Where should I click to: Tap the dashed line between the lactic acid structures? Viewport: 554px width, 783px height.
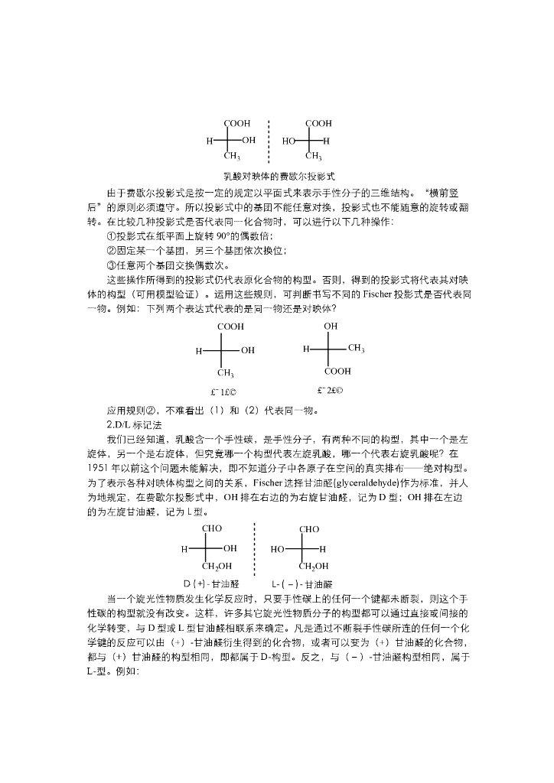269,141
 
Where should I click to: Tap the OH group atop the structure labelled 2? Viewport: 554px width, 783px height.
331,326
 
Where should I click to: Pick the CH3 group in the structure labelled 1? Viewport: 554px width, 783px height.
225,373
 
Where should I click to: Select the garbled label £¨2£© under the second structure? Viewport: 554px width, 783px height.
331,391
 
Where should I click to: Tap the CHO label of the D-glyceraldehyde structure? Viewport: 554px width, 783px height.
212,528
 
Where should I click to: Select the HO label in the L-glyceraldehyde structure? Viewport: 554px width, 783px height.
279,548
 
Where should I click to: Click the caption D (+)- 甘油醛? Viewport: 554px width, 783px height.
211,583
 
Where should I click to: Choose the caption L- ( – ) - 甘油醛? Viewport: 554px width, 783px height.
301,583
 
